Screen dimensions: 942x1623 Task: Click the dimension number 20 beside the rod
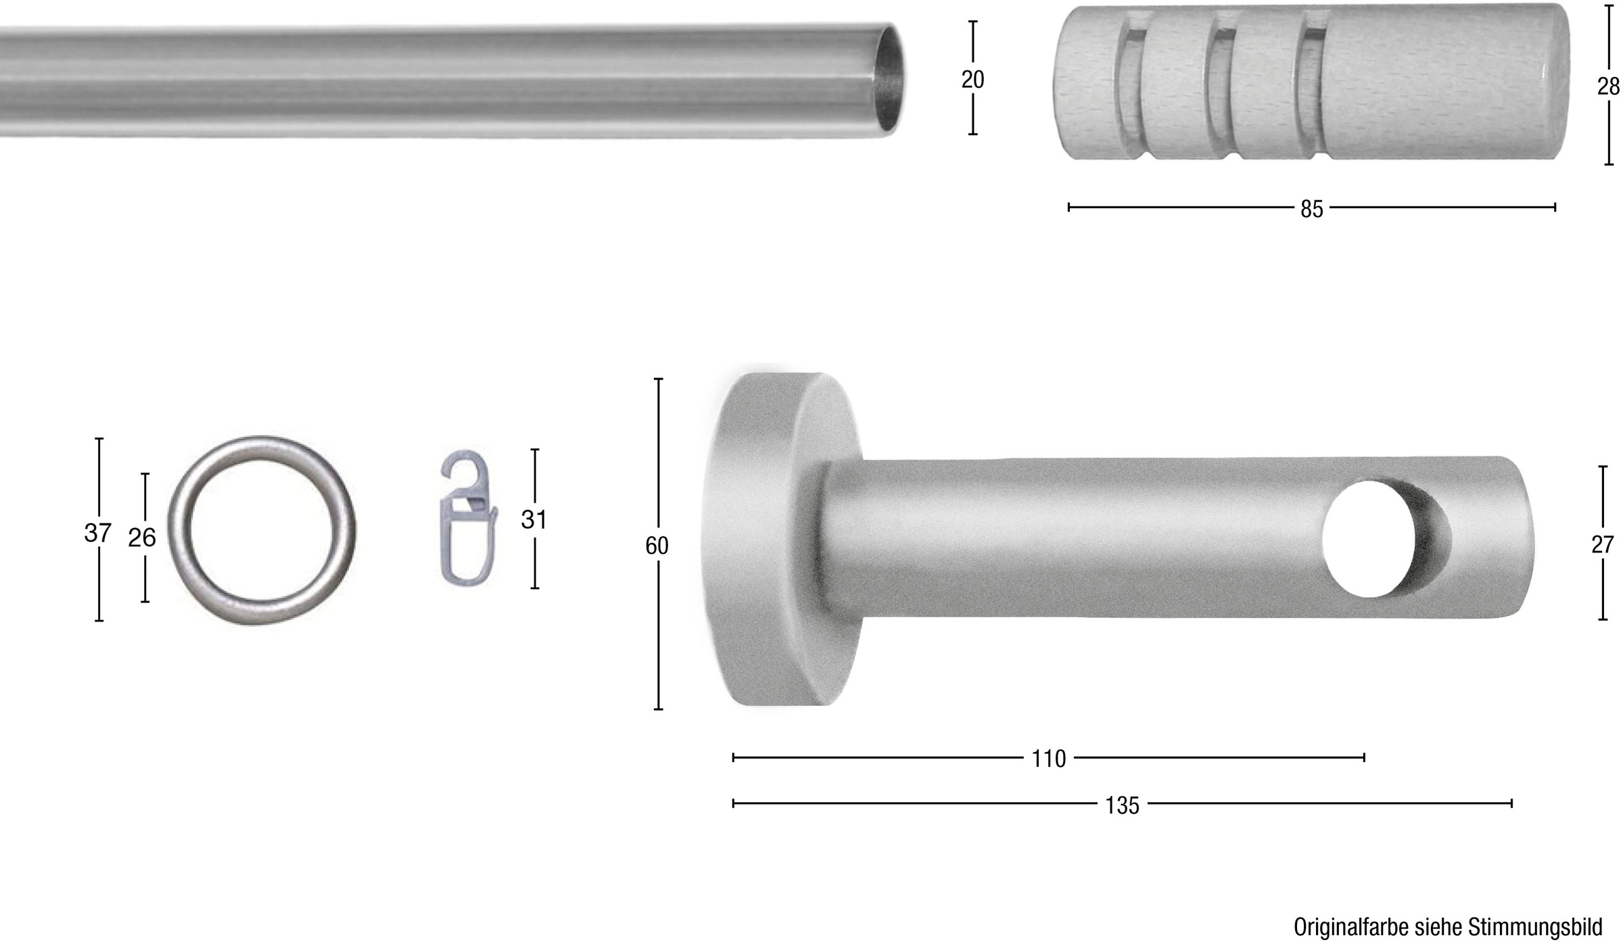(972, 80)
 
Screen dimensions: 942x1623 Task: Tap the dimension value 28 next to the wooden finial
(1609, 87)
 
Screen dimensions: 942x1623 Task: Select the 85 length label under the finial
(1311, 210)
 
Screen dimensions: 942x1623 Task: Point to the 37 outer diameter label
(97, 533)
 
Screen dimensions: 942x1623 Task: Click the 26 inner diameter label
(142, 538)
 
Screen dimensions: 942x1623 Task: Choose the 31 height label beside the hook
(534, 519)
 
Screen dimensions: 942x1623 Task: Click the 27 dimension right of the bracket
(1602, 544)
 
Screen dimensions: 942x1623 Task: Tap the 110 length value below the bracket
(1048, 759)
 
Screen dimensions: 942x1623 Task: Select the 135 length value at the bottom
(1122, 805)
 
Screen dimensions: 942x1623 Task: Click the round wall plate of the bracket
(764, 541)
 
